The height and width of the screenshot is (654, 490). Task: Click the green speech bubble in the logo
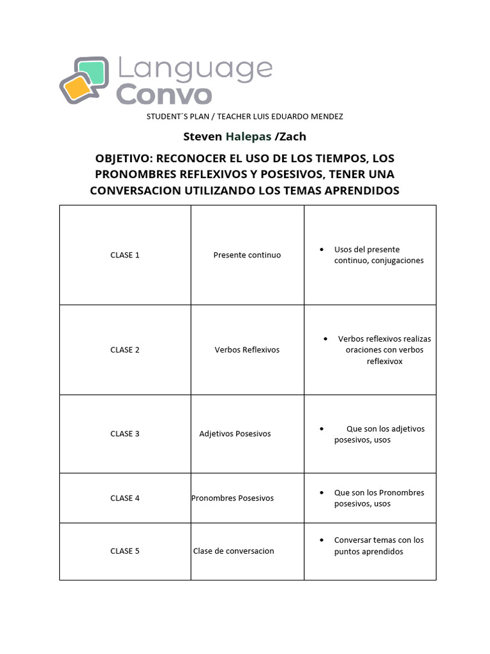91,72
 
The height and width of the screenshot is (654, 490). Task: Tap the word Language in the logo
194,70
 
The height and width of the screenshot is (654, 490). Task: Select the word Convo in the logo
163,95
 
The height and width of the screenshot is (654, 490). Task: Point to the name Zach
292,136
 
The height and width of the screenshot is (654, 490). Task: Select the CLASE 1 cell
124,255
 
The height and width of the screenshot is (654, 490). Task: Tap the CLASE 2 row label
124,350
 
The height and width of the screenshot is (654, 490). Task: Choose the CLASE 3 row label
124,434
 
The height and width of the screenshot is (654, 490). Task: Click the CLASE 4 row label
124,498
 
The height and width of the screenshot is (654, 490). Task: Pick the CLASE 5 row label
124,551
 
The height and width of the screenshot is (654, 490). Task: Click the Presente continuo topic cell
247,255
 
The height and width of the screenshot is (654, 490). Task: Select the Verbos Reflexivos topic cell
247,350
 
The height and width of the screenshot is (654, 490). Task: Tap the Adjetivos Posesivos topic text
235,434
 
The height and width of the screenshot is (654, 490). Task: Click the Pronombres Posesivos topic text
232,498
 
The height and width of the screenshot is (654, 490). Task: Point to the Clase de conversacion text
234,551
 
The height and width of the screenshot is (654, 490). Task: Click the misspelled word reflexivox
384,361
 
